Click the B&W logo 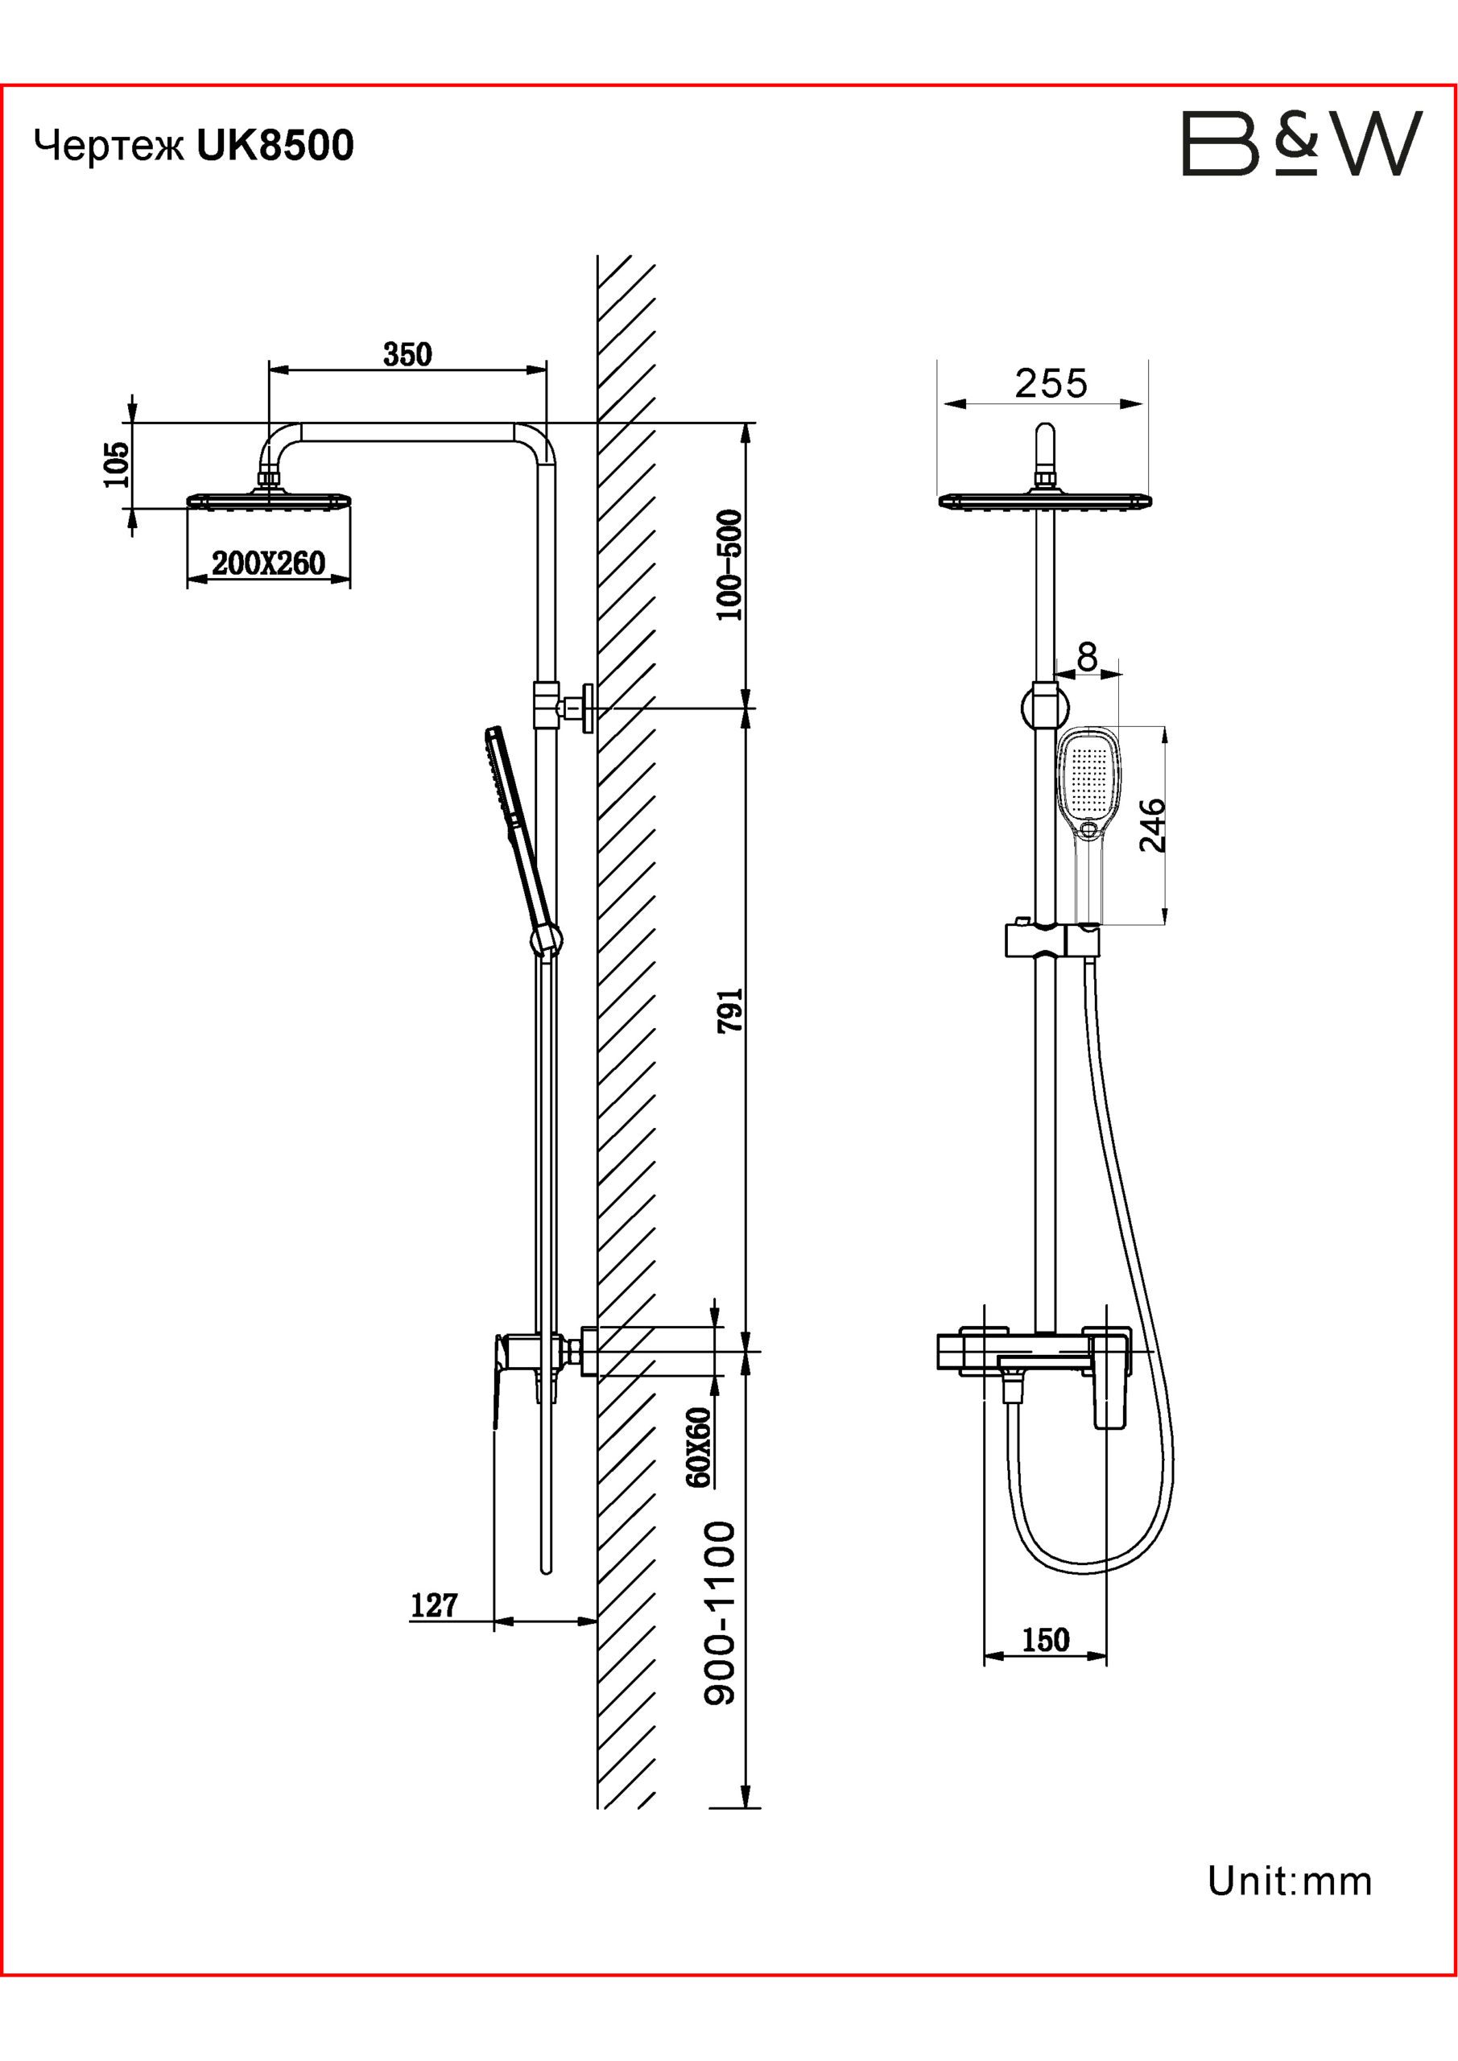point(1302,143)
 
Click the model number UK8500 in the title point(275,146)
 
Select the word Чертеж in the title point(109,147)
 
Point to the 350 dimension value point(407,354)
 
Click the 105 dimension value point(118,464)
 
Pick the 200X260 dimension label point(268,564)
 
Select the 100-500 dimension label point(731,564)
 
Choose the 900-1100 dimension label point(720,1613)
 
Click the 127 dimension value point(435,1605)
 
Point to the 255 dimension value point(1051,384)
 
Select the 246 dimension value point(1152,825)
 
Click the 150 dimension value point(1046,1640)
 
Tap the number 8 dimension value point(1087,658)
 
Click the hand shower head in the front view point(1091,781)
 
